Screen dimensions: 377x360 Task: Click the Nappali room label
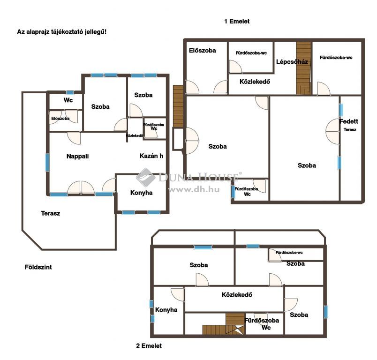pyautogui.click(x=77, y=156)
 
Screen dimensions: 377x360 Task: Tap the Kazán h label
pyautogui.click(x=151, y=156)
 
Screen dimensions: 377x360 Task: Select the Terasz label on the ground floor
pyautogui.click(x=51, y=213)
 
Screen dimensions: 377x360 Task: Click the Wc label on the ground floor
pyautogui.click(x=68, y=100)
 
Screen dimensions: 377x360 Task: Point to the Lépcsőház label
pyautogui.click(x=292, y=62)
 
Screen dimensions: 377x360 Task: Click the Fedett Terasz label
pyautogui.click(x=348, y=125)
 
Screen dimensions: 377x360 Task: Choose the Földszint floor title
pyautogui.click(x=38, y=267)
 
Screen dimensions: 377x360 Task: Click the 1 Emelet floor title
pyautogui.click(x=237, y=22)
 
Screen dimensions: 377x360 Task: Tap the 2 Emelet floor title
pyautogui.click(x=149, y=346)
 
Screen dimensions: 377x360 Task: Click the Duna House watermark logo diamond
pyautogui.click(x=146, y=177)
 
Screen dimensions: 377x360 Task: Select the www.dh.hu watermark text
pyautogui.click(x=194, y=190)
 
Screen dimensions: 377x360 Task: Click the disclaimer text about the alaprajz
pyautogui.click(x=62, y=32)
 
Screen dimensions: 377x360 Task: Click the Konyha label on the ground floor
pyautogui.click(x=142, y=193)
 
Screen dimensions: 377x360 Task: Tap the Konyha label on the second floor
pyautogui.click(x=166, y=310)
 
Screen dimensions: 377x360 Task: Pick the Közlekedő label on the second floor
pyautogui.click(x=237, y=295)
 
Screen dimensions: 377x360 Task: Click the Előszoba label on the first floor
pyautogui.click(x=203, y=51)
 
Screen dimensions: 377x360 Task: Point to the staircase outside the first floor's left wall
pyautogui.click(x=178, y=106)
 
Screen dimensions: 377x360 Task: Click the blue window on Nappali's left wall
pyautogui.click(x=47, y=163)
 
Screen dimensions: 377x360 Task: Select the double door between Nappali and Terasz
pyautogui.click(x=81, y=187)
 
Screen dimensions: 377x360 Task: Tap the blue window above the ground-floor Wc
pyautogui.click(x=70, y=92)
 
